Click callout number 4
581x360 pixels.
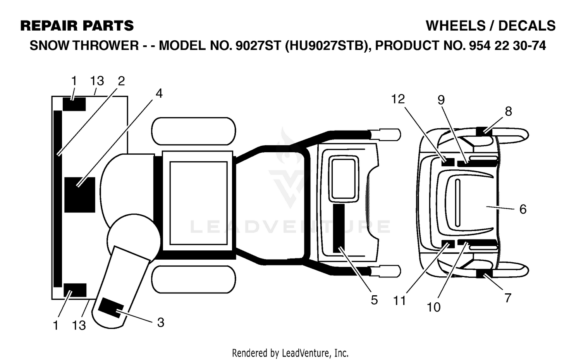[x=159, y=94]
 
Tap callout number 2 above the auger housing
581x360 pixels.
[x=121, y=81]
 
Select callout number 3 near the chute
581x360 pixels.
[x=161, y=323]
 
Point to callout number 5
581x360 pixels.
[x=374, y=300]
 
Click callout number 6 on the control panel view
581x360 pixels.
[x=523, y=209]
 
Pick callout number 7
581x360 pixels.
[x=507, y=298]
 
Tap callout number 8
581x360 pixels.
[x=508, y=112]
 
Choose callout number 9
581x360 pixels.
[x=441, y=100]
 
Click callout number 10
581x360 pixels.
[x=433, y=308]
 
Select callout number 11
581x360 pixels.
[x=399, y=301]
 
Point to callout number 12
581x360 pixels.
[x=398, y=99]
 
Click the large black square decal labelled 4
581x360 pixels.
[x=80, y=195]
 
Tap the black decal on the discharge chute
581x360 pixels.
[x=111, y=308]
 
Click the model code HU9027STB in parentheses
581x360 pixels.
[x=327, y=46]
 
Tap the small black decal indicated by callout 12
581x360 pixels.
[x=448, y=162]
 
